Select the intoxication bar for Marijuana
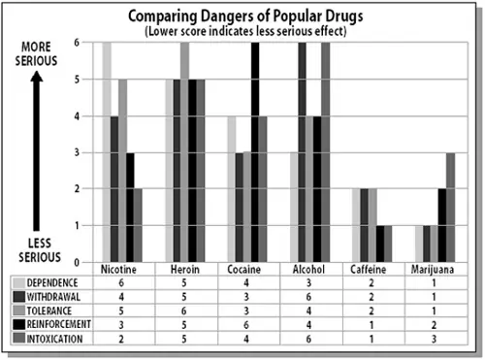tap(450, 207)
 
